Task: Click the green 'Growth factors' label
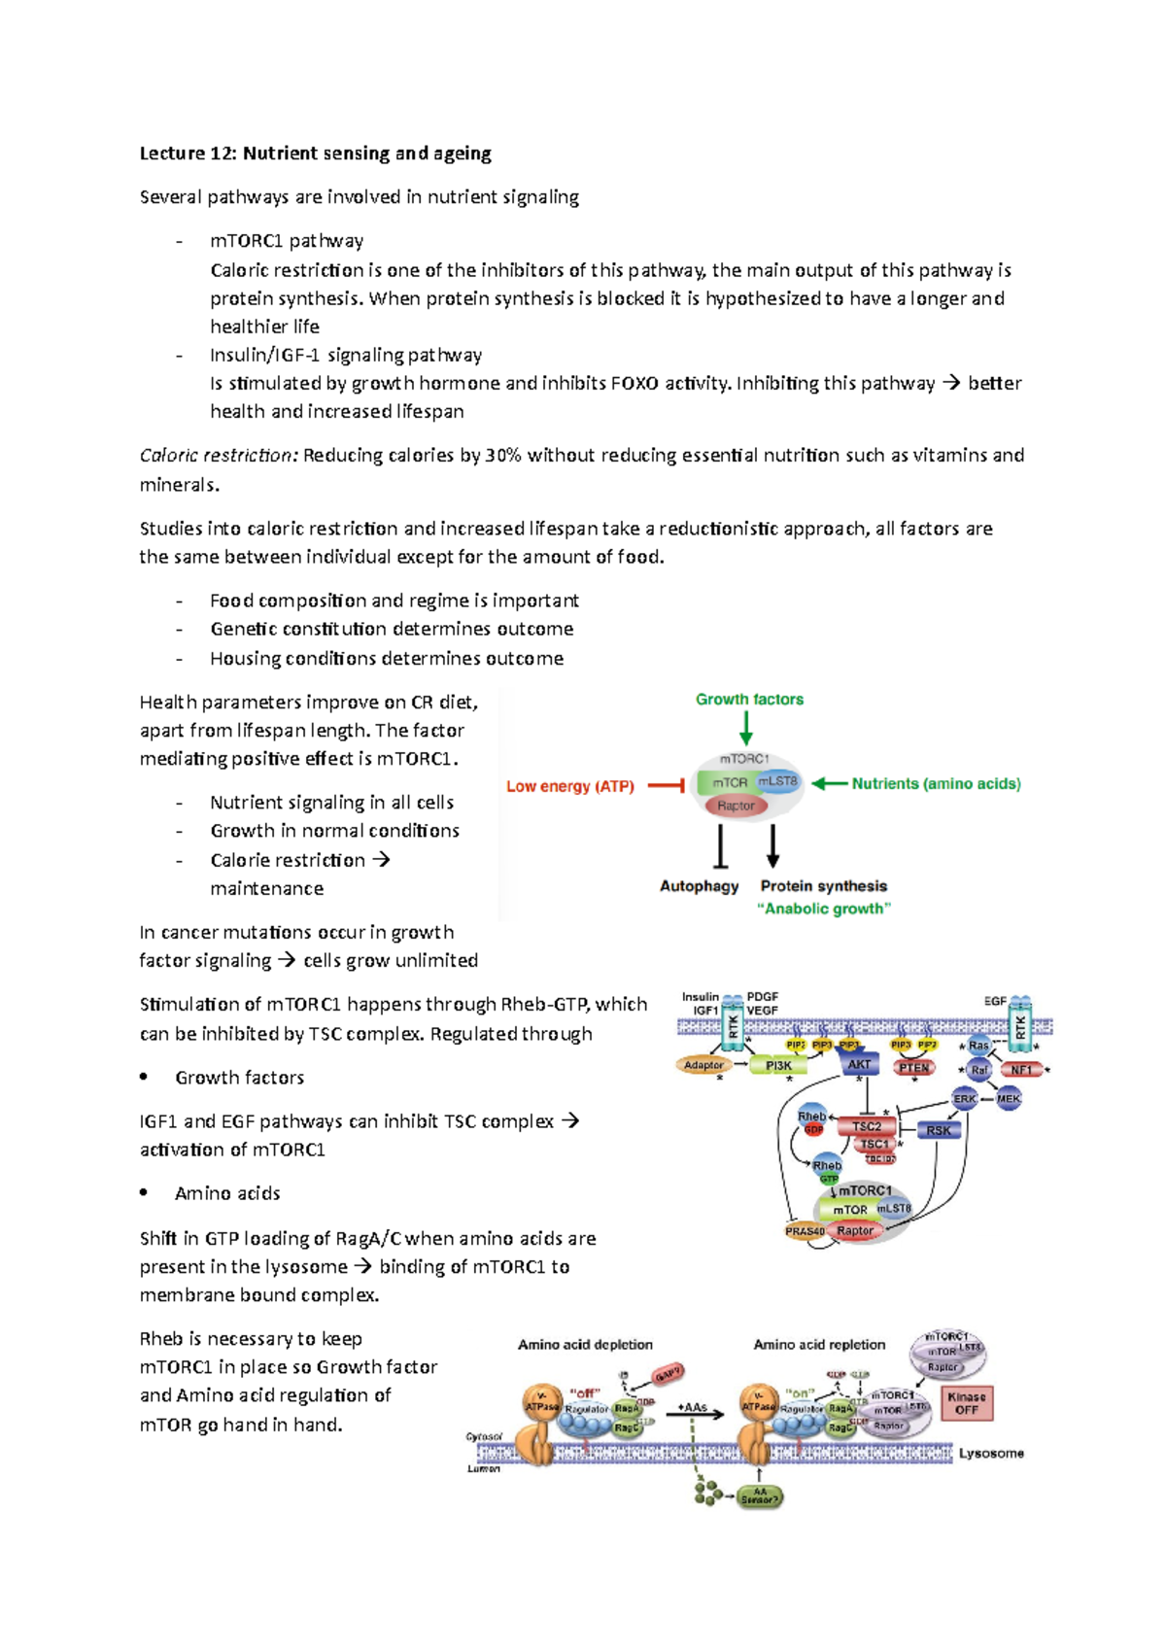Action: [749, 700]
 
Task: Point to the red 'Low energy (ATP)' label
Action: [569, 786]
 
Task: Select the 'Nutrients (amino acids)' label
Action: [936, 784]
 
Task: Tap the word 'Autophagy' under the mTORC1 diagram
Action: [699, 886]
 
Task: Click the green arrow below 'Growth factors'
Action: [746, 728]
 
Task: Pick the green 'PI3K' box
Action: [778, 1066]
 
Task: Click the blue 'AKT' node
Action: [859, 1064]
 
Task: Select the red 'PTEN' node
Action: [913, 1068]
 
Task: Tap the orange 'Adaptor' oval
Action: [703, 1065]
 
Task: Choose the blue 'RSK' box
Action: [939, 1130]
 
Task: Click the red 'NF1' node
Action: [1021, 1070]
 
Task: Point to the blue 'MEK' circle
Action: [1009, 1099]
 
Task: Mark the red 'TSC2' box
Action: [866, 1126]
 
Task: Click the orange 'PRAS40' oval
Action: [805, 1231]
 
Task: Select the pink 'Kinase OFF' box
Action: [966, 1403]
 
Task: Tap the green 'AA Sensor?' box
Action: [760, 1496]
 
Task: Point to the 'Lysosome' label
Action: [991, 1454]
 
